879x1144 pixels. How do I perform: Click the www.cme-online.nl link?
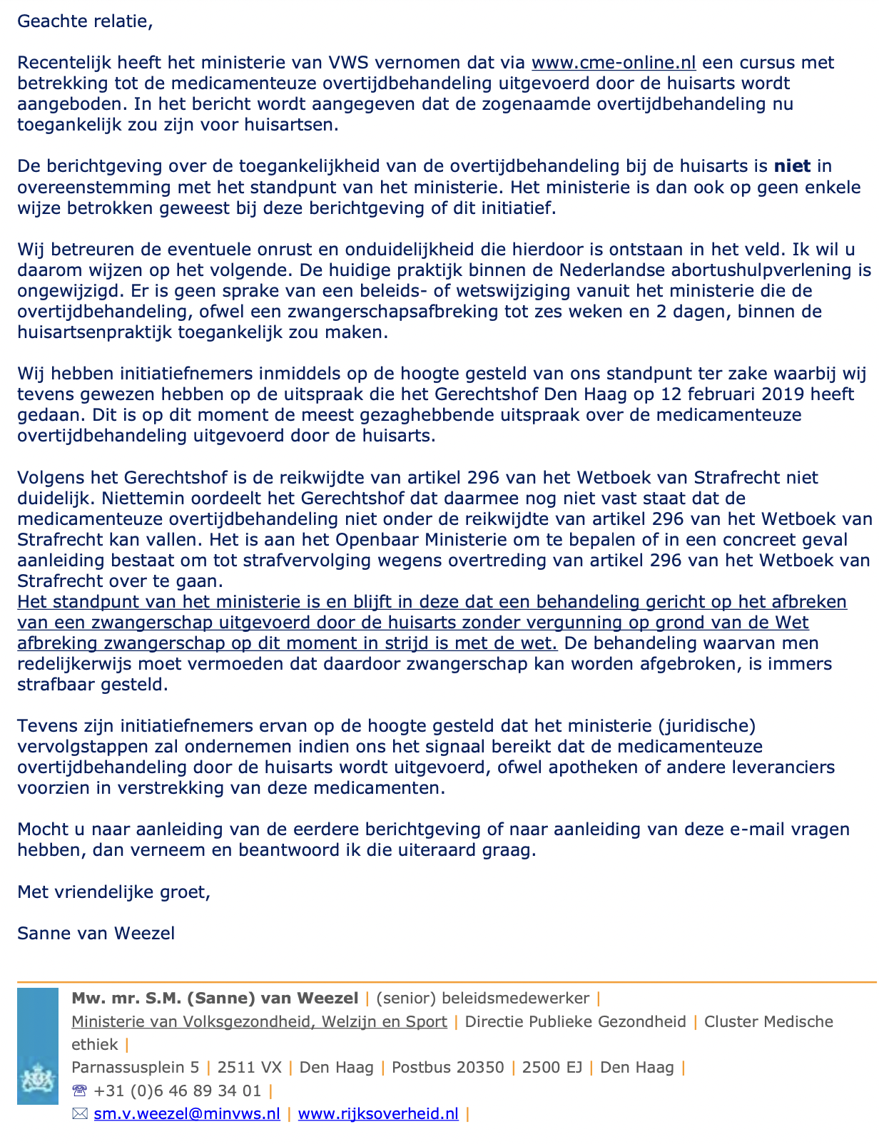click(x=614, y=63)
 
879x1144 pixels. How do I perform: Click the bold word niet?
click(x=792, y=166)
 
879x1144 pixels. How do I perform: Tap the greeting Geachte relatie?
click(x=85, y=21)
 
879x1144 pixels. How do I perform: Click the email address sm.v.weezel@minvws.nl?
click(x=187, y=1113)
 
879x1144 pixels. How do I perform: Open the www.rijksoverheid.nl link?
click(x=378, y=1113)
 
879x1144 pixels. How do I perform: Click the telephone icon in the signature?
click(x=79, y=1091)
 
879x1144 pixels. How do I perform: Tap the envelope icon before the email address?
click(x=79, y=1113)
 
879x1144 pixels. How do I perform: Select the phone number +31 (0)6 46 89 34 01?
click(x=178, y=1091)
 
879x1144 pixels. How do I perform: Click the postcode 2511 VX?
click(x=250, y=1068)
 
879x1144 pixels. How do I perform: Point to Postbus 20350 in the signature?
click(x=448, y=1068)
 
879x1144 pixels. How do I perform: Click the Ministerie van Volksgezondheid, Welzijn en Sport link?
click(x=259, y=1022)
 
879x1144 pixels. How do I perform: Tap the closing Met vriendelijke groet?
click(x=113, y=892)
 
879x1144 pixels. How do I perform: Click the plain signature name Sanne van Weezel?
click(x=96, y=933)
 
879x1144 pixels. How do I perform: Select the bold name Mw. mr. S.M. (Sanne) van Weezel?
click(x=215, y=999)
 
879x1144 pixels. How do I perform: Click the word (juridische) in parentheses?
click(x=706, y=726)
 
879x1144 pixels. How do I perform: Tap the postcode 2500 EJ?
click(x=552, y=1068)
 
